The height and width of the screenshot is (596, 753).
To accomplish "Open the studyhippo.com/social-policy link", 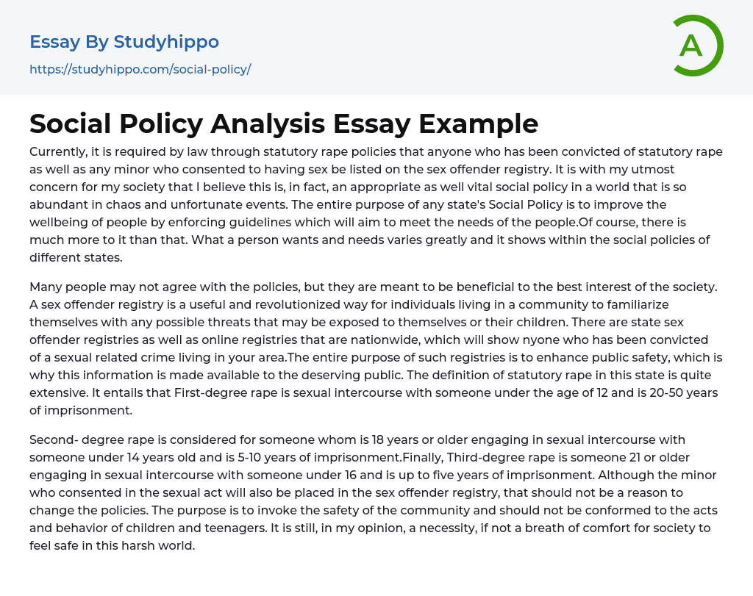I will click(x=140, y=70).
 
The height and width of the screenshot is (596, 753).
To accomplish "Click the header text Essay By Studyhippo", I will click(x=124, y=42).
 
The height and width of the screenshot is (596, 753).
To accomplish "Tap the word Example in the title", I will click(x=479, y=124).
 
